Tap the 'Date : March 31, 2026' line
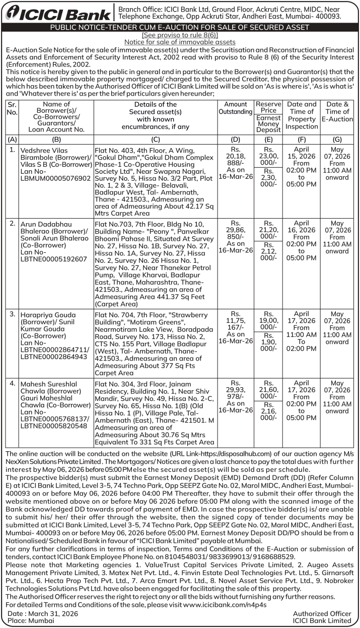click(x=43, y=613)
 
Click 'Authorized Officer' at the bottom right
click(x=322, y=613)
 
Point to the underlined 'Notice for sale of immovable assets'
click(x=180, y=42)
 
